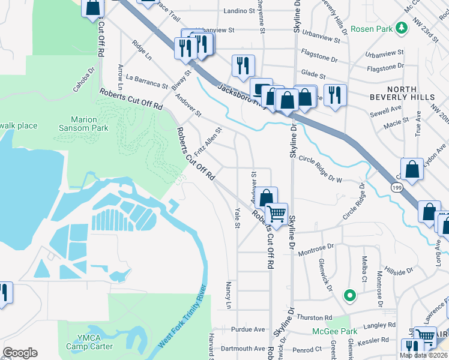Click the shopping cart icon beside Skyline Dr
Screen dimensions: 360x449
point(276,213)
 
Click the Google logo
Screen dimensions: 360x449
point(20,352)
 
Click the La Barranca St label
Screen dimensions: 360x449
point(147,81)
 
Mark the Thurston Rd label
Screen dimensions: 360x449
point(313,317)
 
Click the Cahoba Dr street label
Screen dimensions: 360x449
point(85,79)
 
